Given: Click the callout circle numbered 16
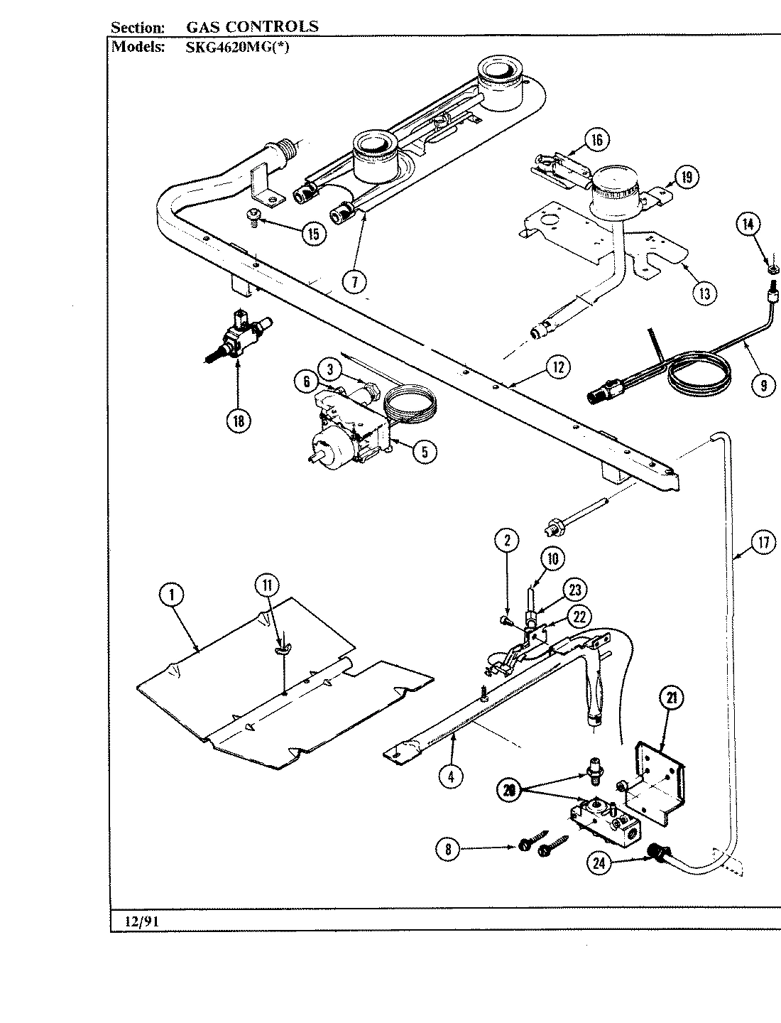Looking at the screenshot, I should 596,140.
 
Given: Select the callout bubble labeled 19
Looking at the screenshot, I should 686,177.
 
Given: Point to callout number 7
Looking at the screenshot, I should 354,281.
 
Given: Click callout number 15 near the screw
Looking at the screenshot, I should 313,233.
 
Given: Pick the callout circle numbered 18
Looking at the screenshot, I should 238,421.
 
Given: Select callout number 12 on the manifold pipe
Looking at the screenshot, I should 558,367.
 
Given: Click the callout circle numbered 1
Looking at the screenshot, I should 171,595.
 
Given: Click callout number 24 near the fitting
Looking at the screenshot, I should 598,863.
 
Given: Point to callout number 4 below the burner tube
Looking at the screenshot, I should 450,776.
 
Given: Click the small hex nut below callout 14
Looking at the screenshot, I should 770,269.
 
